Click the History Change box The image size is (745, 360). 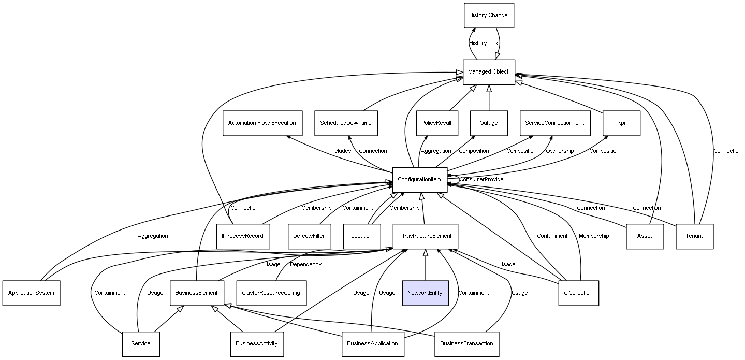point(489,16)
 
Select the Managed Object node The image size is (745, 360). point(489,72)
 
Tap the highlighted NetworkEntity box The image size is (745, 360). point(426,293)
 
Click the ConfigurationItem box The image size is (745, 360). point(420,180)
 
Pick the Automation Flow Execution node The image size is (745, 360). point(262,123)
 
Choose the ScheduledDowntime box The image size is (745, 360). point(346,123)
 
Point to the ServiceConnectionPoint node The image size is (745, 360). point(555,123)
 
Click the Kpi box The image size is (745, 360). point(621,123)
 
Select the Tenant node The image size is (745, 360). point(694,236)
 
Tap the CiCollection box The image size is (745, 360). point(579,293)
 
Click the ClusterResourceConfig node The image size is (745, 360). point(271,293)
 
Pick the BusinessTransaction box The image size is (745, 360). point(466,344)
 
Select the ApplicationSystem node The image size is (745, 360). point(31,293)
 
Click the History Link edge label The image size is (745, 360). point(484,44)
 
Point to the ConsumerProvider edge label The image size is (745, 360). point(482,180)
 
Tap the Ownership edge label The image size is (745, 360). point(560,151)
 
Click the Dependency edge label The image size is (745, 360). point(305,265)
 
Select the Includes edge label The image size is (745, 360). point(341,151)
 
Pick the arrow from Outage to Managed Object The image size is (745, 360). point(489,98)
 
